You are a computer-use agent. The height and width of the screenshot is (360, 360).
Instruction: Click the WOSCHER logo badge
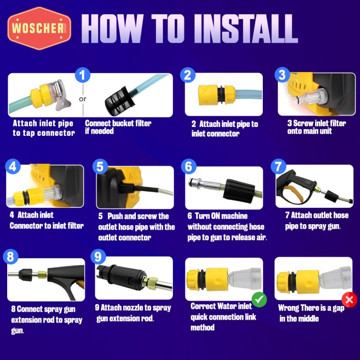pos(39,28)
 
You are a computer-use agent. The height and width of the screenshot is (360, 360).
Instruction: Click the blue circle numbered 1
pos(82,75)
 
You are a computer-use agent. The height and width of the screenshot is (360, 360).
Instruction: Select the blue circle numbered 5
pos(100,166)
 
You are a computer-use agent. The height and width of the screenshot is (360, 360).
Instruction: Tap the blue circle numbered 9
pos(98,256)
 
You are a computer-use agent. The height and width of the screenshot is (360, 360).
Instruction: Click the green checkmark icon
pos(259,299)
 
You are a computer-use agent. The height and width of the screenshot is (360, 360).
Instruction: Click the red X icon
pos(349,300)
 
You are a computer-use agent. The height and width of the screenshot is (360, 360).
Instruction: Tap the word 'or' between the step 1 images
pos(83,99)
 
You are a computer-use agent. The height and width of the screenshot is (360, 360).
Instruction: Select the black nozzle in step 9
pos(121,277)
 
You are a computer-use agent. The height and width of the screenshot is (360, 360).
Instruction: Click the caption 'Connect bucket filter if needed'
pos(118,127)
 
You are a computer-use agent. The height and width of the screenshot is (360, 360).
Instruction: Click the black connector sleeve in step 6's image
pos(239,190)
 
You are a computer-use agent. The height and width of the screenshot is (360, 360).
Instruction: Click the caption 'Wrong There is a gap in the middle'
pos(311,313)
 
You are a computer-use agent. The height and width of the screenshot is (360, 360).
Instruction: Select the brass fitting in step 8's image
pos(42,274)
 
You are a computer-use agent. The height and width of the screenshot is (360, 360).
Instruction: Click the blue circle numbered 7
pos(279,166)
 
